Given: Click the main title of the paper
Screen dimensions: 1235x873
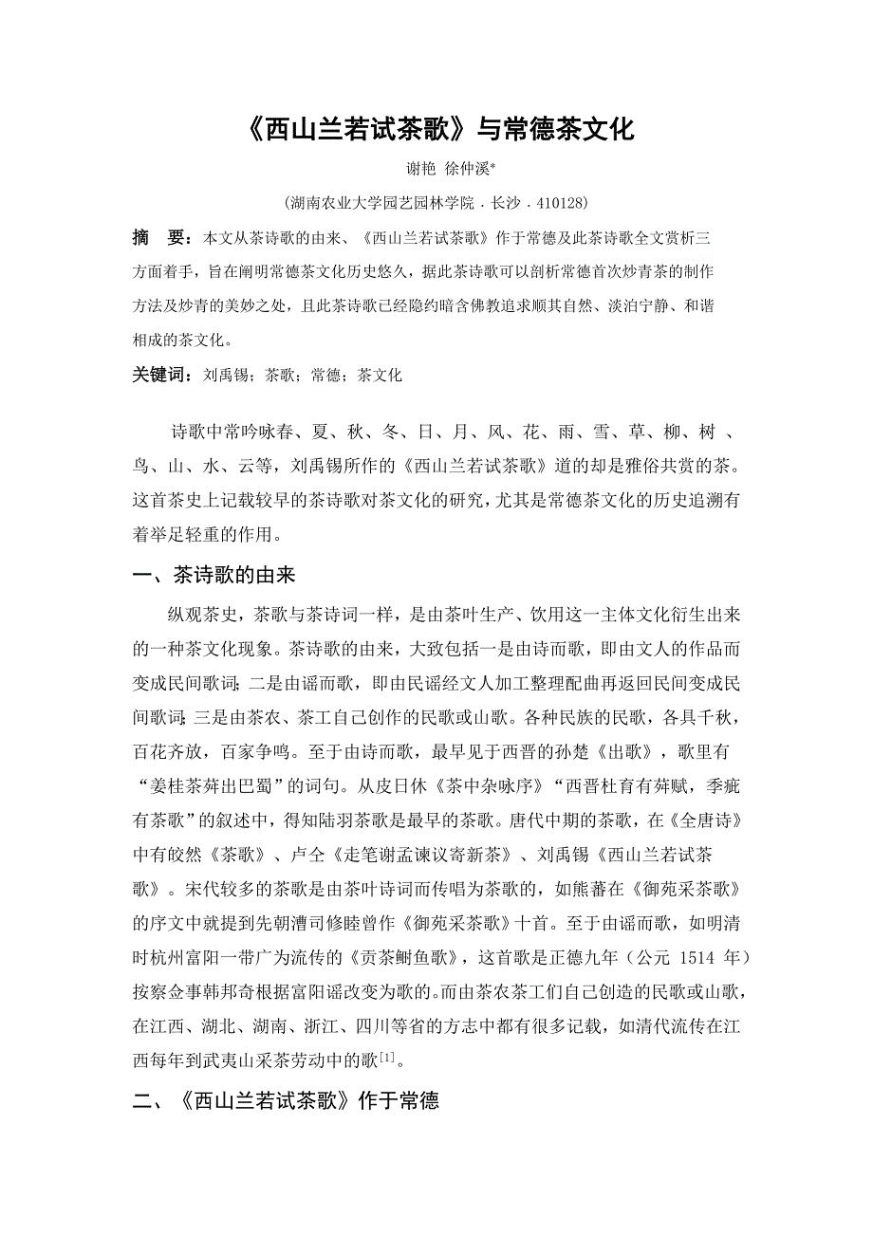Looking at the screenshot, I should [437, 128].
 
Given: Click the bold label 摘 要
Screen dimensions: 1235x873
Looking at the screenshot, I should [157, 237].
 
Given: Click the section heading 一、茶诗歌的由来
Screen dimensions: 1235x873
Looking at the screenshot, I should [219, 576].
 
